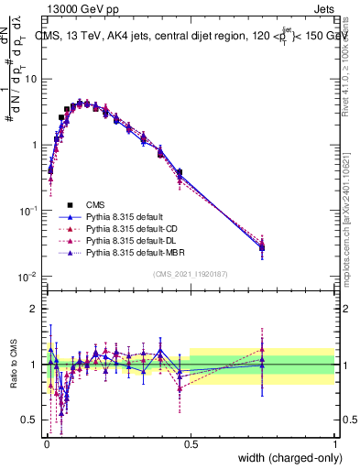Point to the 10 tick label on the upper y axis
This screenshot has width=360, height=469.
[30, 79]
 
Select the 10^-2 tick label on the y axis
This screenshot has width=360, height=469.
[28, 276]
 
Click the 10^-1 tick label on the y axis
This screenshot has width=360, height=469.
[28, 210]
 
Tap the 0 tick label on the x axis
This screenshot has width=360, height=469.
[45, 442]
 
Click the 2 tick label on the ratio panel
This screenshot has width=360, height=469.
[34, 309]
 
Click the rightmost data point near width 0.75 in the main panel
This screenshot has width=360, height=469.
[262, 247]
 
